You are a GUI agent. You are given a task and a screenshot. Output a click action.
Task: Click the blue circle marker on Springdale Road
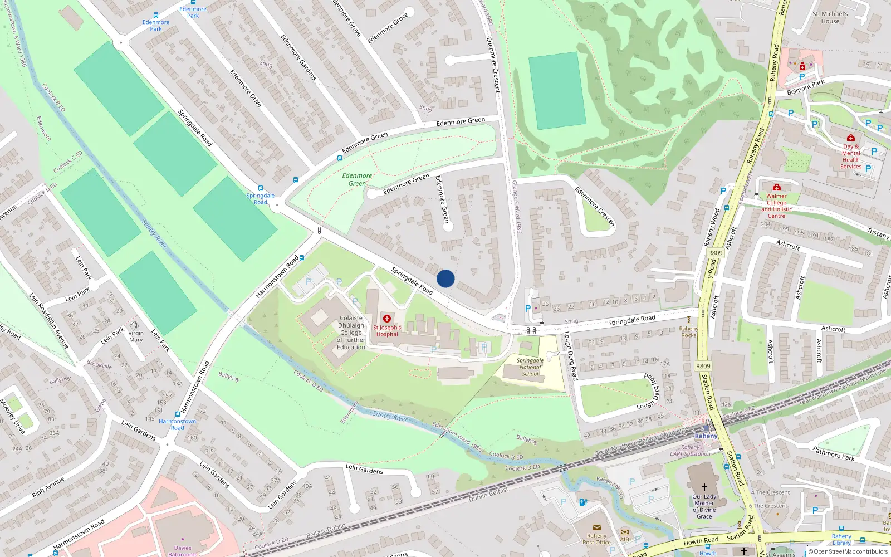[445, 278]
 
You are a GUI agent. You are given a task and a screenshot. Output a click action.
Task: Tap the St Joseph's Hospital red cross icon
[387, 319]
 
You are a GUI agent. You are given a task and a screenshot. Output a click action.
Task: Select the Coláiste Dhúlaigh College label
[351, 333]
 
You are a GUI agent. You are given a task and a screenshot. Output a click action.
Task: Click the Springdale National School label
[530, 367]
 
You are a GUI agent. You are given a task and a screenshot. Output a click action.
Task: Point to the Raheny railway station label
[706, 436]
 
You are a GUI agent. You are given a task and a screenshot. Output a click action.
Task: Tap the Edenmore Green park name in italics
[357, 179]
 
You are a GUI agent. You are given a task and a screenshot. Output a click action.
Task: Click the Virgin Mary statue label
[136, 336]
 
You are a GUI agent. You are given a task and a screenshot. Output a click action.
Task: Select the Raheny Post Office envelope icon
[597, 527]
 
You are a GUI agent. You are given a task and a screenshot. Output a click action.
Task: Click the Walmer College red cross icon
[777, 187]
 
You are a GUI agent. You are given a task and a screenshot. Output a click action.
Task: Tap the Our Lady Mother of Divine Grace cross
[704, 487]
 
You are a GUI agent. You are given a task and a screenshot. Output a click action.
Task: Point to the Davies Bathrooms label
[183, 551]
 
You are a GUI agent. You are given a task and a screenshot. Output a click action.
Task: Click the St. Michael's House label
[830, 18]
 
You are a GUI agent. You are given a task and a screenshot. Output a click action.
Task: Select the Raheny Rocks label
[689, 332]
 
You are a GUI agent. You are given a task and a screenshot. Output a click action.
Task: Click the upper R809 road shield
[715, 253]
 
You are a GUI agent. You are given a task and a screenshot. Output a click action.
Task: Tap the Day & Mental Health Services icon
[850, 138]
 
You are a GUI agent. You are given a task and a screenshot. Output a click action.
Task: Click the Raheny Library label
[841, 539]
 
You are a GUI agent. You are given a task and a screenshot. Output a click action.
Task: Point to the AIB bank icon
[625, 532]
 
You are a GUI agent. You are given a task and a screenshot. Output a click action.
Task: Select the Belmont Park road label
[806, 87]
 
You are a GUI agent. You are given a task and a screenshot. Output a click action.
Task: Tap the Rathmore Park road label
[833, 453]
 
